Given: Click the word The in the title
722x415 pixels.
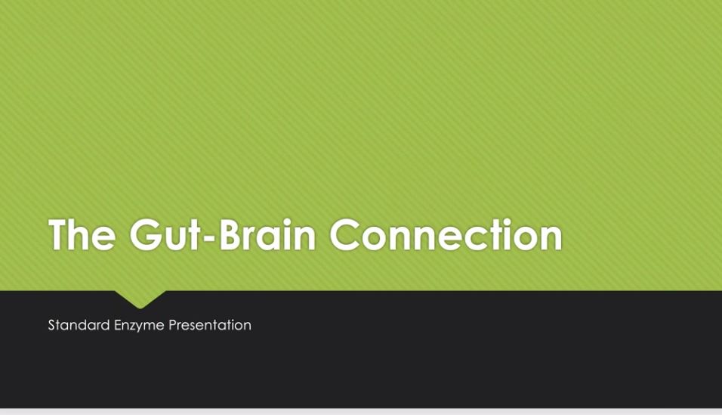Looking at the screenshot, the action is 82,234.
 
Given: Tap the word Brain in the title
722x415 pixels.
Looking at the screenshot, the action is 267,234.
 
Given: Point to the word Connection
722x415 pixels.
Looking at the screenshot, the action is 446,234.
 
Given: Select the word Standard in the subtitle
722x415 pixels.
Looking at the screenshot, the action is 79,325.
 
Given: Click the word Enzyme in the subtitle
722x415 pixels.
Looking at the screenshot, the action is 139,326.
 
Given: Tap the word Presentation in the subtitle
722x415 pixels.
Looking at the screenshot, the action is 210,325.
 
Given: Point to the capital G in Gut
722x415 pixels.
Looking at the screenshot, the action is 145,234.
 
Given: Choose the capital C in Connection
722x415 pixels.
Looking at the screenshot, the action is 345,234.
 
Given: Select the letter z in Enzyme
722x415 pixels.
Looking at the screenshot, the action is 134,327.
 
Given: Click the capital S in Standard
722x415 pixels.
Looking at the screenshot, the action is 52,325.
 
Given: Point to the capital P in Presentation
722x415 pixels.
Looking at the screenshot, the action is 173,325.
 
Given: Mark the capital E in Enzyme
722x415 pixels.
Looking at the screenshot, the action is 118,325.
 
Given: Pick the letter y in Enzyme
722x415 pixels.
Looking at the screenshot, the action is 141,328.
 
